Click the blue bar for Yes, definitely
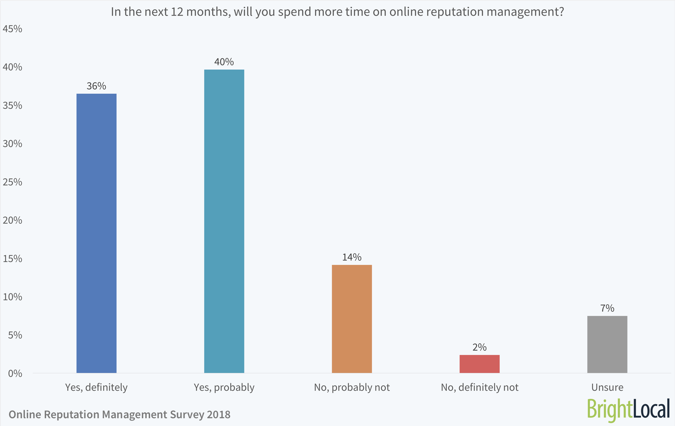click(96, 233)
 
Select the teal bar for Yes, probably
click(224, 221)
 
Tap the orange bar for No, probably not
click(352, 319)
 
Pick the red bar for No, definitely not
click(480, 364)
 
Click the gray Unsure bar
click(607, 344)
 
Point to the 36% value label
click(96, 86)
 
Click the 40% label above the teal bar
click(224, 62)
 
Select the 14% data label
click(352, 257)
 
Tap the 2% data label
click(480, 347)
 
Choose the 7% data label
click(607, 308)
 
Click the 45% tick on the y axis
click(12, 29)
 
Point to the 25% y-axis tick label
click(12, 182)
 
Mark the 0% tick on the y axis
click(15, 373)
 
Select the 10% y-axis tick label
click(12, 297)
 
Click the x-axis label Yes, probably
click(224, 387)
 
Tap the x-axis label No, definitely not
click(480, 387)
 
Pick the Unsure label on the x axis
click(607, 387)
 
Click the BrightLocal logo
click(628, 409)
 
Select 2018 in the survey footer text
click(219, 415)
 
